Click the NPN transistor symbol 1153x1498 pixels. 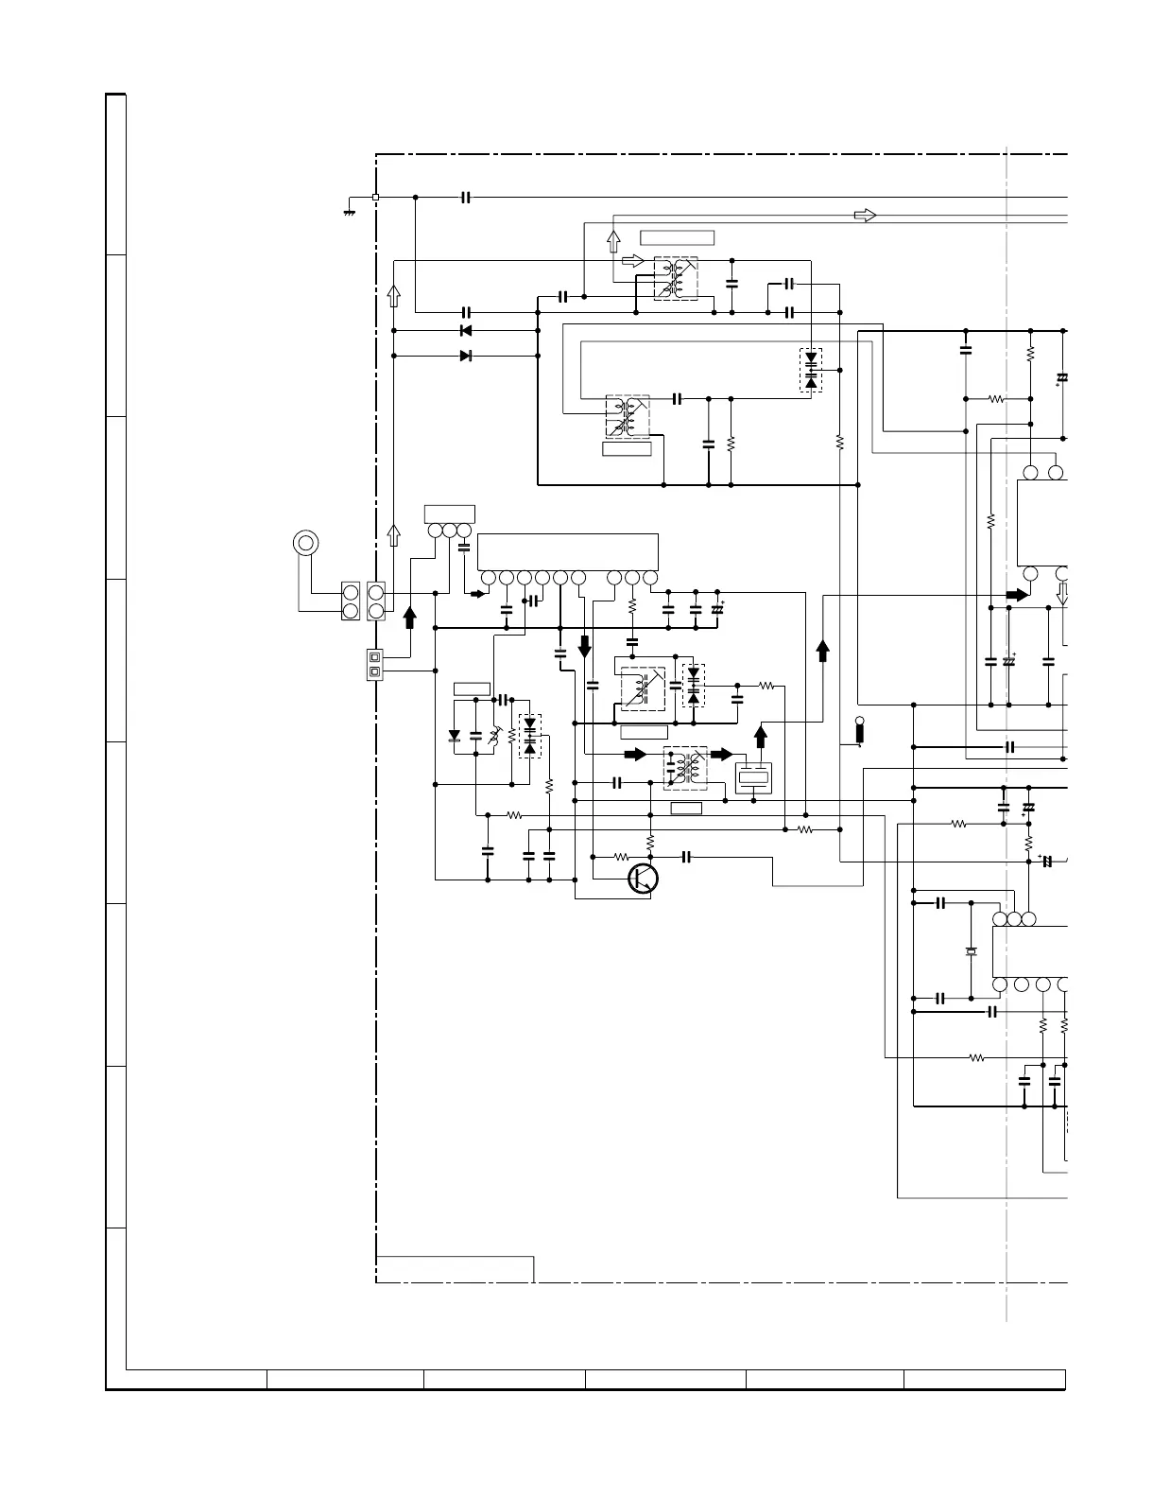[x=644, y=878]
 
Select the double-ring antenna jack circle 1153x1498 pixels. [x=305, y=543]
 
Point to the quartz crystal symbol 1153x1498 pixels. [x=971, y=950]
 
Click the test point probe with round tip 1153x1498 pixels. [x=859, y=731]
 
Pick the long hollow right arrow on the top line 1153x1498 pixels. [x=865, y=216]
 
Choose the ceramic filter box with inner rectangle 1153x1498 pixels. [x=753, y=777]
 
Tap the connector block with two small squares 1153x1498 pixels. [x=375, y=664]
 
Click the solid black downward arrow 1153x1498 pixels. [x=584, y=647]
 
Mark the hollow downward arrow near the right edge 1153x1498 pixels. [x=1061, y=594]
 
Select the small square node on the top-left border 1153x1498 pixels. [x=376, y=197]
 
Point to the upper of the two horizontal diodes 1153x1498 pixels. [x=465, y=331]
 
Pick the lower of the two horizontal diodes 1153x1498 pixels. [x=465, y=356]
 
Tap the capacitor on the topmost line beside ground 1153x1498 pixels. [x=465, y=197]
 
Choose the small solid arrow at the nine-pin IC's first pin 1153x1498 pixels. [x=477, y=594]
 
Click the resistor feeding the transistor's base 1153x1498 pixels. [x=621, y=857]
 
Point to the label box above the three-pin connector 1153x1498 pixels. [x=449, y=514]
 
